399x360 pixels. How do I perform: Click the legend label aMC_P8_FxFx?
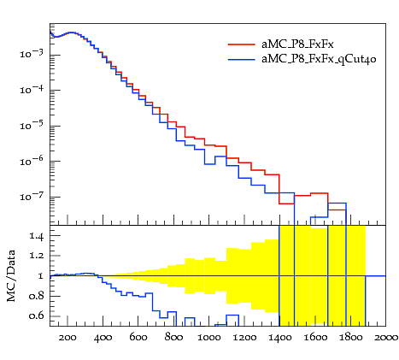(297, 44)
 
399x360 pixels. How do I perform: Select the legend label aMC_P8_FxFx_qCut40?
(319, 59)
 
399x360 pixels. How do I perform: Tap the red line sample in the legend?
(242, 44)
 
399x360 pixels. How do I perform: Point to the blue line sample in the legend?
(242, 60)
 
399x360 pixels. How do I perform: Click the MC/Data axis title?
(11, 276)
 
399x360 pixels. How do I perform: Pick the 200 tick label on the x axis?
(67, 338)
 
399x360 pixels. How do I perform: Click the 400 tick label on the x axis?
(103, 338)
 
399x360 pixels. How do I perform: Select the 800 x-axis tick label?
(173, 338)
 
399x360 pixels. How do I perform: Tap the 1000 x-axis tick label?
(209, 338)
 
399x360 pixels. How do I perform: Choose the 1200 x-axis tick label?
(244, 338)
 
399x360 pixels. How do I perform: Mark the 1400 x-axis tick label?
(279, 338)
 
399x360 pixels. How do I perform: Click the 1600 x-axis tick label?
(315, 338)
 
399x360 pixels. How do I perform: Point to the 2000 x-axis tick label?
(386, 338)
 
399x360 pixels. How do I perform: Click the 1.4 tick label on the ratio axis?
(37, 236)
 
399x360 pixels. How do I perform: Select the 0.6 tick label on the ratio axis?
(36, 316)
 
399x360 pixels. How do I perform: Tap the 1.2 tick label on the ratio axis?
(37, 256)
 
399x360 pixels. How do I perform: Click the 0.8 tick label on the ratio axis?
(36, 296)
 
